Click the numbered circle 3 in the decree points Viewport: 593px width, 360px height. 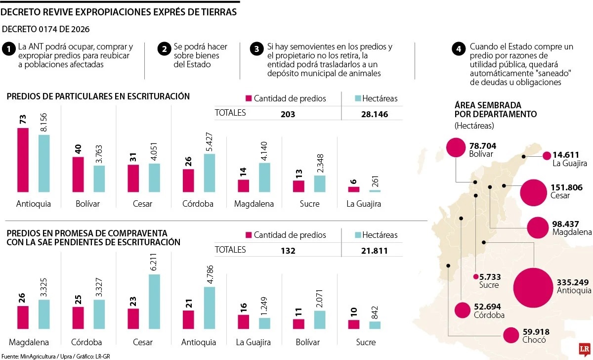pyautogui.click(x=256, y=49)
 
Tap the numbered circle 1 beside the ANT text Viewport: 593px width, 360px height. pyautogui.click(x=8, y=49)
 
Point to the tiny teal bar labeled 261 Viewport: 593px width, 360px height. pyautogui.click(x=375, y=190)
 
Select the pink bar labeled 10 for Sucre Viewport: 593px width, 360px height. pyautogui.click(x=353, y=324)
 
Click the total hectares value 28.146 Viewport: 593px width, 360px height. pyautogui.click(x=375, y=114)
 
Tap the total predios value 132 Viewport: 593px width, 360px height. pyautogui.click(x=288, y=251)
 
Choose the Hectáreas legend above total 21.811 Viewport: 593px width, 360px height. pyautogui.click(x=375, y=235)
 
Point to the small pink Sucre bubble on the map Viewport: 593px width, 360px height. pyautogui.click(x=475, y=277)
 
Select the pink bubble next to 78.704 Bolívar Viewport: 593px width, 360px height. pyautogui.click(x=456, y=147)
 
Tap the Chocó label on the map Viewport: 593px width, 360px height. pyautogui.click(x=533, y=340)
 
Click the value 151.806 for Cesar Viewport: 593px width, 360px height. pyautogui.click(x=566, y=187)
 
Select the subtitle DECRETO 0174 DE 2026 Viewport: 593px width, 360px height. pyautogui.click(x=46, y=29)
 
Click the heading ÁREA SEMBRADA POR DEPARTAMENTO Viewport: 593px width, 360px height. pyautogui.click(x=495, y=110)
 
